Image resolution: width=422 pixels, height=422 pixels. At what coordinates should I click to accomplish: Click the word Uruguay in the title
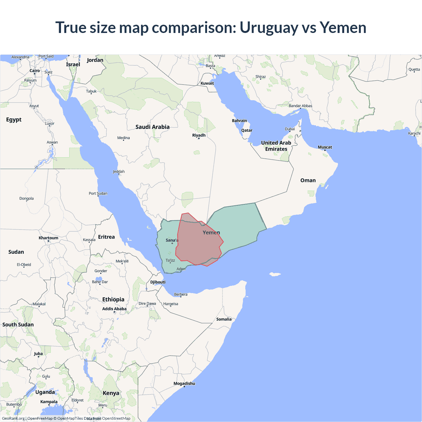(x=269, y=28)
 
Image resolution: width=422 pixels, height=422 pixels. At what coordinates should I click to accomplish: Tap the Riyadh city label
(x=199, y=136)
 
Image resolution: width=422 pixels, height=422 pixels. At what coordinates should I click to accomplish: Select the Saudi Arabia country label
(x=152, y=127)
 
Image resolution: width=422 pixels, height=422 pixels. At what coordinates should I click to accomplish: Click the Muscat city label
(x=325, y=147)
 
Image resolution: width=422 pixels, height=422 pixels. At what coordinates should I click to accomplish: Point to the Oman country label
(x=308, y=180)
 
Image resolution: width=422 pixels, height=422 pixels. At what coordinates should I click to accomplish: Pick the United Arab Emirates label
(x=276, y=146)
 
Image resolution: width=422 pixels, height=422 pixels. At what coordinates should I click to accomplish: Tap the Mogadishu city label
(x=184, y=383)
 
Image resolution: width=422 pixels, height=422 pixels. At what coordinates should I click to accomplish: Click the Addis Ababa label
(x=114, y=309)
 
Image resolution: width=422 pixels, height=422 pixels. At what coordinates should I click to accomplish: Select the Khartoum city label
(x=48, y=238)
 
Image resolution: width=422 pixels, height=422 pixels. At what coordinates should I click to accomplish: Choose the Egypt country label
(x=14, y=120)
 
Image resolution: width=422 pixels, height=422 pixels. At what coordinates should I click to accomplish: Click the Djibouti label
(x=158, y=282)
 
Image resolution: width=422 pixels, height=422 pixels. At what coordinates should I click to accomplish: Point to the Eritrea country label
(x=106, y=237)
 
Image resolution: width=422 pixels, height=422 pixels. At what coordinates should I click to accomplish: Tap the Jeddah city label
(x=119, y=171)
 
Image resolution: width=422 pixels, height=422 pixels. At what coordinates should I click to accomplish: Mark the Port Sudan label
(x=98, y=194)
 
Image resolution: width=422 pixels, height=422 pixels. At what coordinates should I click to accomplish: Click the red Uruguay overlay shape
(x=198, y=244)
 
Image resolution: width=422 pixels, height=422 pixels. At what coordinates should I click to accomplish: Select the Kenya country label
(x=111, y=393)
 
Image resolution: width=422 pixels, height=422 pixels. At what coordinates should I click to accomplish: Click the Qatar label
(x=247, y=131)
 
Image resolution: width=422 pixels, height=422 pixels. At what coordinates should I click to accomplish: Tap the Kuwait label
(x=207, y=83)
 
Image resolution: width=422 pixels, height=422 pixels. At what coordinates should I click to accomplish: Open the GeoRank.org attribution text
(x=13, y=418)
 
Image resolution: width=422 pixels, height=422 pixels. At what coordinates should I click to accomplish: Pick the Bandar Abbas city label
(x=300, y=106)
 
